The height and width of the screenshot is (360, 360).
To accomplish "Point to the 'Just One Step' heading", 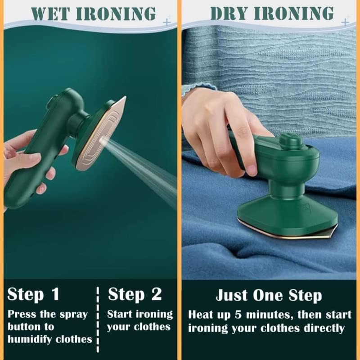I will click(x=269, y=295).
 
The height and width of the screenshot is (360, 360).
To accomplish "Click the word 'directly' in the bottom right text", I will click(x=325, y=328).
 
